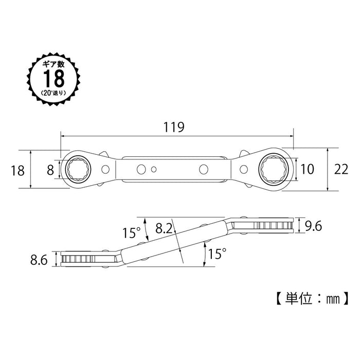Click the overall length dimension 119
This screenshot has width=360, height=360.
174,127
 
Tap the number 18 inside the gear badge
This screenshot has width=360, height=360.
54,79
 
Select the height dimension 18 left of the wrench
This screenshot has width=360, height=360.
17,171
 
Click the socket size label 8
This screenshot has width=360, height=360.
50,170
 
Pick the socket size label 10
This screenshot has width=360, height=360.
307,169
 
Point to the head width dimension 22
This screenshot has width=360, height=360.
341,169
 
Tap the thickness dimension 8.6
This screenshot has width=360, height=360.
39,260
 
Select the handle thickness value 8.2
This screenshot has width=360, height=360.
164,228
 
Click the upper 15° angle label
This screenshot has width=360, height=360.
131,232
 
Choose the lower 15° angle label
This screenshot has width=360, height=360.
217,254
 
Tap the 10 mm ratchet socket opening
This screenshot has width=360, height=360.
274,169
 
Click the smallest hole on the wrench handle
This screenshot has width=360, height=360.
154,169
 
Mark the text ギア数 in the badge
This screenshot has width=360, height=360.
53,64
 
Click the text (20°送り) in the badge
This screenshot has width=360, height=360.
53,93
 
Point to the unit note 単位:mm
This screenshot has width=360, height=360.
312,299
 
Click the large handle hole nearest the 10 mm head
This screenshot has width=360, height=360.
204,169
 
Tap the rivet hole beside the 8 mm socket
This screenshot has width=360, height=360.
105,169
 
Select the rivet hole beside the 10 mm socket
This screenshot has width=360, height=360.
244,169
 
